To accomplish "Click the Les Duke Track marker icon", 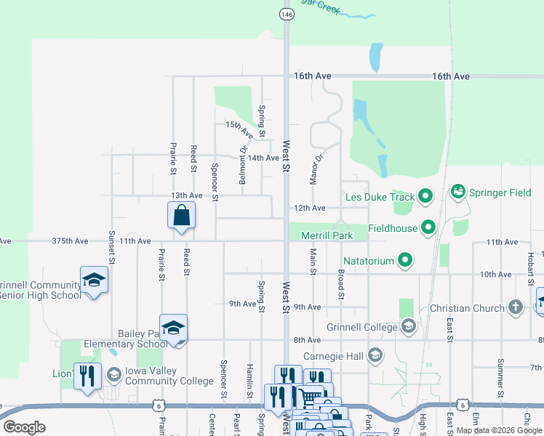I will click(426, 196).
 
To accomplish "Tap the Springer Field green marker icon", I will click(457, 193).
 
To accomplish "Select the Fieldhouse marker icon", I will click(428, 228).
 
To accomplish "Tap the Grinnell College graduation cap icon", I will click(407, 326).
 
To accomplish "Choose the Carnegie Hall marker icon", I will click(375, 356).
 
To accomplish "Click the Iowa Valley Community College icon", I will click(113, 375).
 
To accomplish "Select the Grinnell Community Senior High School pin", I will click(94, 280).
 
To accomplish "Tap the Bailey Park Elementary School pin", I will click(173, 328).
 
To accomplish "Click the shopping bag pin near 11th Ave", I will click(181, 216).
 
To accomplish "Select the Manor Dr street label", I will click(317, 169).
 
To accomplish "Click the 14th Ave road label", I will click(263, 158).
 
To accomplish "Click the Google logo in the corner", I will click(24, 427).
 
